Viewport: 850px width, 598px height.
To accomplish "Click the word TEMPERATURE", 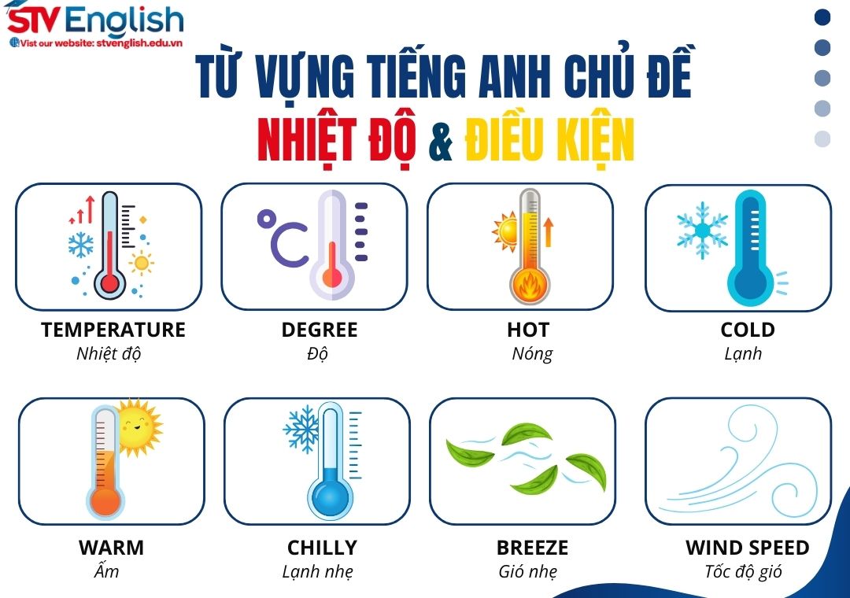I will (113, 330).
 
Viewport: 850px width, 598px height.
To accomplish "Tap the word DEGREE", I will (320, 330).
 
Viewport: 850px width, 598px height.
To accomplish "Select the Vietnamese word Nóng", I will (532, 353).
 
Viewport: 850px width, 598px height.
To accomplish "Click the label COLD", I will (748, 330).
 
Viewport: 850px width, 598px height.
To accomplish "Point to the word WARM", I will (111, 548).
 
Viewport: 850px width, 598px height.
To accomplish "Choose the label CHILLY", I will (322, 548).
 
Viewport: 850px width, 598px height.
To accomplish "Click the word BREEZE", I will (532, 548).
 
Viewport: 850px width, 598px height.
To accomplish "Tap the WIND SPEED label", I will (748, 548).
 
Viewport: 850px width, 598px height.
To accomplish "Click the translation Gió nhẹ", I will (527, 572).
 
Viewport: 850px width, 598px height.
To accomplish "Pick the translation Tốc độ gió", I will (744, 572).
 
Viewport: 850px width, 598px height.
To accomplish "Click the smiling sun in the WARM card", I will (137, 427).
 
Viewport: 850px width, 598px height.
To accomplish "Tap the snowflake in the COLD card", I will (702, 229).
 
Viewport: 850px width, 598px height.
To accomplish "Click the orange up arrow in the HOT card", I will (548, 234).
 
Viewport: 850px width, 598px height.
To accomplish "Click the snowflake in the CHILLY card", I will (301, 428).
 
